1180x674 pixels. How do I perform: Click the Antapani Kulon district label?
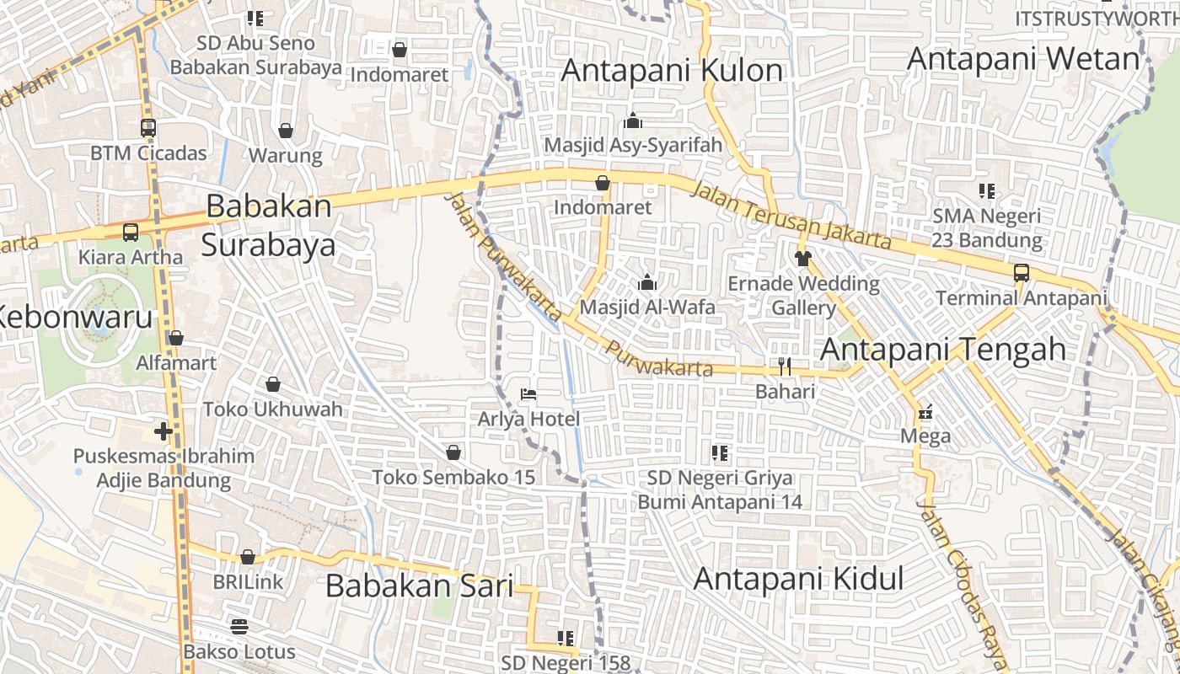pyautogui.click(x=672, y=71)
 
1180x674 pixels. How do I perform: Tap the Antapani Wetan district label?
pyautogui.click(x=1023, y=59)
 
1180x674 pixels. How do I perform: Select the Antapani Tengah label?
pyautogui.click(x=943, y=349)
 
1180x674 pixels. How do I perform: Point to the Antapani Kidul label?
pyautogui.click(x=798, y=579)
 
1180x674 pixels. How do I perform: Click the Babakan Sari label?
pyautogui.click(x=419, y=586)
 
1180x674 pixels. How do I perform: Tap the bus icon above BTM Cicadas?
pyautogui.click(x=148, y=129)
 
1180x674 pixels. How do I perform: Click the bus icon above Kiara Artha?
pyautogui.click(x=131, y=233)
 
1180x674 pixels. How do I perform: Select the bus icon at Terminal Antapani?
pyautogui.click(x=1021, y=273)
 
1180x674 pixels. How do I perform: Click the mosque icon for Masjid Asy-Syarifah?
pyautogui.click(x=633, y=120)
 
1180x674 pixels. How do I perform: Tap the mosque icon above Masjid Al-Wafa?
pyautogui.click(x=647, y=282)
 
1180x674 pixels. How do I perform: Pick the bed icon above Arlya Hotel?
pyautogui.click(x=528, y=393)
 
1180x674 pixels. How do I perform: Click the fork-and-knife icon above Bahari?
pyautogui.click(x=785, y=366)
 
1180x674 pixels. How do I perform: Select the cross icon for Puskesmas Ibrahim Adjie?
pyautogui.click(x=164, y=432)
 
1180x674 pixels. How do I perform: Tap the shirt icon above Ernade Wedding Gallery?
pyautogui.click(x=802, y=258)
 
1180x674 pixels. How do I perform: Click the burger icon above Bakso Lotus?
pyautogui.click(x=239, y=627)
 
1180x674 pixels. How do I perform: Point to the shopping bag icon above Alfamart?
pyautogui.click(x=176, y=339)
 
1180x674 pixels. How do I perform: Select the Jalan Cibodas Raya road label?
pyautogui.click(x=960, y=582)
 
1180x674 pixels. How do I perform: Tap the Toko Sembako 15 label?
pyautogui.click(x=453, y=477)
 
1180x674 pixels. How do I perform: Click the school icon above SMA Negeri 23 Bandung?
pyautogui.click(x=987, y=191)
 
